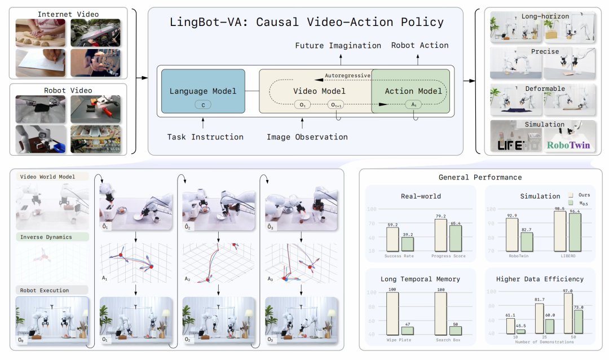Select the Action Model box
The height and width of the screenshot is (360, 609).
click(x=414, y=91)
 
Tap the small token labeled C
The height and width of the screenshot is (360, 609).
click(x=202, y=104)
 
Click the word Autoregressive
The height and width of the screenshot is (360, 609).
click(x=347, y=75)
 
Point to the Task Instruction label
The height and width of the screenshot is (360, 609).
click(x=205, y=137)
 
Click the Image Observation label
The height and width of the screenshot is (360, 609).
click(x=307, y=137)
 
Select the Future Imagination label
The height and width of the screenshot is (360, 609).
click(x=338, y=45)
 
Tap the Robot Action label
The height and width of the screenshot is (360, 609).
click(x=420, y=45)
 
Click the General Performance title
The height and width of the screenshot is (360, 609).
click(x=480, y=177)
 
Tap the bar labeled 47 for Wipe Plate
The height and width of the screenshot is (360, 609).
click(x=407, y=331)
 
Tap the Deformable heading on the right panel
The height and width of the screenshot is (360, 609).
click(x=544, y=89)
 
